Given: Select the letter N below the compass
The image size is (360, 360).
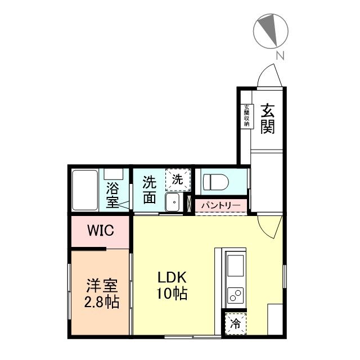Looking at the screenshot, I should click(x=280, y=56).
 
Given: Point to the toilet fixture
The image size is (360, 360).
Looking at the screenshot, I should click(x=216, y=182).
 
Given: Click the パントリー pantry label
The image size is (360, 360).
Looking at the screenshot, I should click(x=220, y=206).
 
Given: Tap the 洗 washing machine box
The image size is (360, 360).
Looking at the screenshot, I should click(x=177, y=180).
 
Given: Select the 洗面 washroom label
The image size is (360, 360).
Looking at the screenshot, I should click(x=148, y=190).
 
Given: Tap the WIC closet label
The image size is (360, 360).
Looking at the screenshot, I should click(x=101, y=230).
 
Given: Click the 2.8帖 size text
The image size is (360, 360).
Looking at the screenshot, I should click(x=102, y=302).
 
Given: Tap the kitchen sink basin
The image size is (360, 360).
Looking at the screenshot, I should click(x=235, y=263).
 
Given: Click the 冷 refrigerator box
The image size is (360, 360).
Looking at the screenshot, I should click(x=235, y=324).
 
